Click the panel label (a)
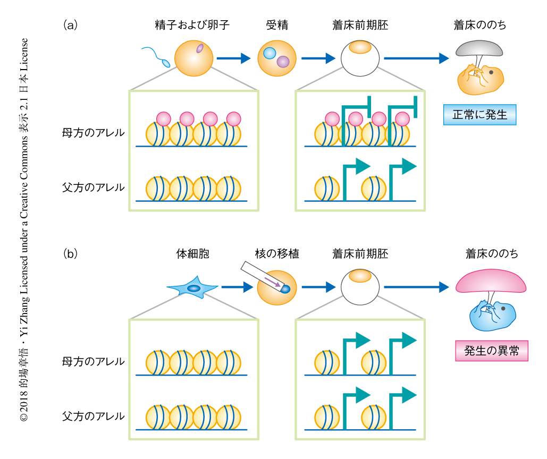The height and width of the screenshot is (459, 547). tap(71, 24)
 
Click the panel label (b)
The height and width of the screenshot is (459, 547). tap(71, 253)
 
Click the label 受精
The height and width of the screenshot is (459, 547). tap(276, 25)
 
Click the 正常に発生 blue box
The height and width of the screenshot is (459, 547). tap(480, 114)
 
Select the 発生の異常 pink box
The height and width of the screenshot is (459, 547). tap(492, 351)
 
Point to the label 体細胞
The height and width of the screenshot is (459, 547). tap(192, 254)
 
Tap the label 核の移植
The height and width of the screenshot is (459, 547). tap(276, 254)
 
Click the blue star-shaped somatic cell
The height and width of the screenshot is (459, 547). tap(192, 288)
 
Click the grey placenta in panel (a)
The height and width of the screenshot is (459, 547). tap(478, 49)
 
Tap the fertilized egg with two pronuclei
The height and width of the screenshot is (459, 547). tap(276, 58)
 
